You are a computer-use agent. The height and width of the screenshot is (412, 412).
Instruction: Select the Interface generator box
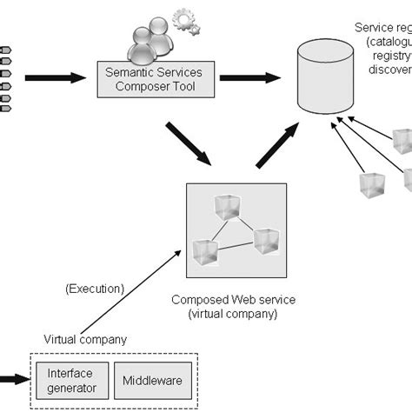tap(67, 380)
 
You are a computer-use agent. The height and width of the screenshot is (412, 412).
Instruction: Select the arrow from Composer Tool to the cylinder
tap(243, 78)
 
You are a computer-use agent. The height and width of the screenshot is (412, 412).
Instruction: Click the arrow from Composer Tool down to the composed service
tap(189, 143)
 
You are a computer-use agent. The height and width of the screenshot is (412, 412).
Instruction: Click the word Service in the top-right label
tap(372, 27)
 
